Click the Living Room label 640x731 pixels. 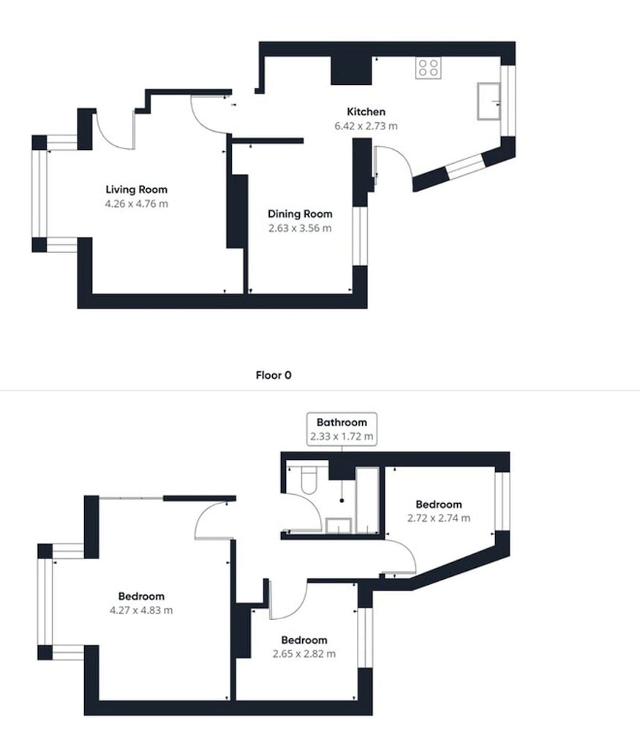coord(136,190)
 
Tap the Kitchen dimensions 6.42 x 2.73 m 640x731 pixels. coord(366,126)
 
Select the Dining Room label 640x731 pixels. coord(300,214)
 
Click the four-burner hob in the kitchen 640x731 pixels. coord(428,67)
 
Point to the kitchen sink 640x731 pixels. coord(489,101)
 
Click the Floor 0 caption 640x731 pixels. coord(274,375)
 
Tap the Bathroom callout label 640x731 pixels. coord(342,423)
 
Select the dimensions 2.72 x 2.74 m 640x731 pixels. coord(438,518)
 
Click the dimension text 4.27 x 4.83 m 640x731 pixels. coord(141,610)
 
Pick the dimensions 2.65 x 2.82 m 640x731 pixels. coord(304,654)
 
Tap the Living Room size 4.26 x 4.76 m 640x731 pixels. coord(137,204)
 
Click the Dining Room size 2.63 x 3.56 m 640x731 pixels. coord(300,228)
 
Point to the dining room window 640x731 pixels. coord(360,236)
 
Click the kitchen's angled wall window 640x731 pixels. coord(465,167)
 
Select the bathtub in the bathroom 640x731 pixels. coord(368,500)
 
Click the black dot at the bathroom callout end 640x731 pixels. coord(342,501)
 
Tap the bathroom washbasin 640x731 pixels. coord(338,526)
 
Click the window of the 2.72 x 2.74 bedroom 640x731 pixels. coord(502,501)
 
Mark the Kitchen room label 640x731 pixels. coord(366,112)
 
